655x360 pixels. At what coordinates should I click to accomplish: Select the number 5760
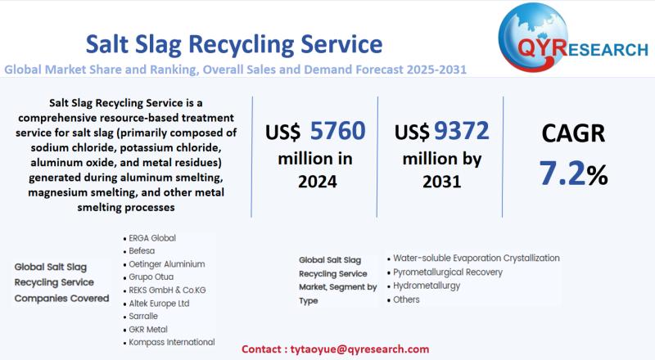(x=337, y=131)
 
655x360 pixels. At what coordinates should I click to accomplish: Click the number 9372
(x=461, y=130)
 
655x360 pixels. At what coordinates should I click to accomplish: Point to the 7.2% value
(x=572, y=173)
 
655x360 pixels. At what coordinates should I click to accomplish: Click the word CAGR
(x=572, y=134)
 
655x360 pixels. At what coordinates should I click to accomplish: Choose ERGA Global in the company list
(x=152, y=238)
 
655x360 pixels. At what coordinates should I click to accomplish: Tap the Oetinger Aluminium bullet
(x=167, y=264)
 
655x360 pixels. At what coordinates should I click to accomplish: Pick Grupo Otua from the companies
(x=151, y=277)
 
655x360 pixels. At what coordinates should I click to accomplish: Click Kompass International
(x=172, y=342)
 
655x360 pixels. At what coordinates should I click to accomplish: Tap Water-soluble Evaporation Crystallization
(x=476, y=258)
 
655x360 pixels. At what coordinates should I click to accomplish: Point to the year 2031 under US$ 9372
(x=441, y=182)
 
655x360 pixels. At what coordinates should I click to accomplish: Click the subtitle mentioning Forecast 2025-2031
(x=236, y=70)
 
